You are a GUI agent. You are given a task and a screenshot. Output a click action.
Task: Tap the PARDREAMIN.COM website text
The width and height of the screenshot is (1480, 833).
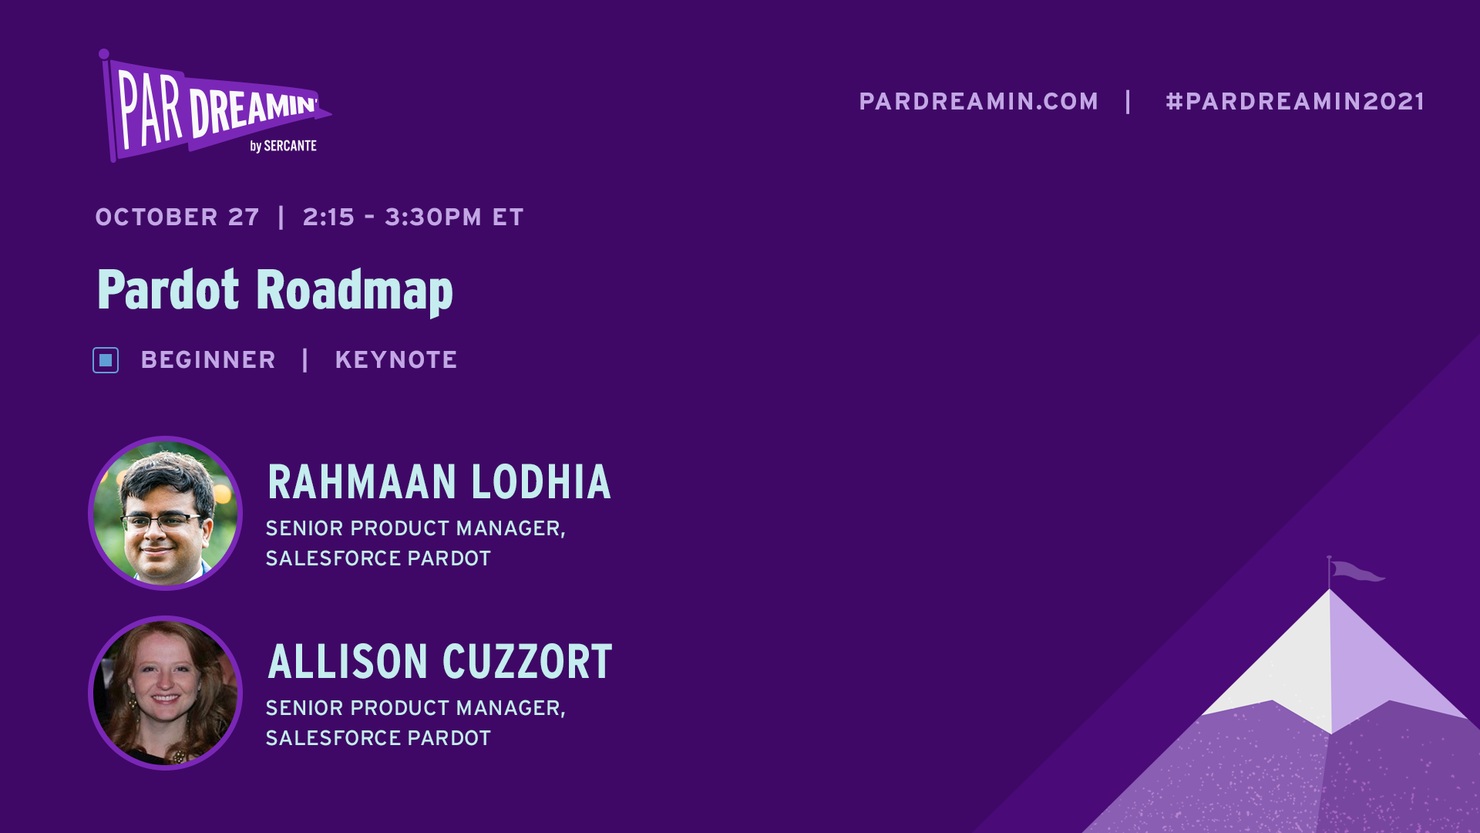point(978,102)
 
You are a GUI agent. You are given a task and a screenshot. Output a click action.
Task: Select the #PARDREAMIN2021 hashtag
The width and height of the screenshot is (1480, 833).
point(1295,102)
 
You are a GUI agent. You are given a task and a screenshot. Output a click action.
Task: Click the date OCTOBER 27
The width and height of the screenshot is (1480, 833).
point(177,218)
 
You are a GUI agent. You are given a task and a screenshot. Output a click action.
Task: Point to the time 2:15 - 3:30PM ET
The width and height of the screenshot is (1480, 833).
point(412,218)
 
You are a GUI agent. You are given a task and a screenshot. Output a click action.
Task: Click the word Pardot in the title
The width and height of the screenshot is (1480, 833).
point(168,291)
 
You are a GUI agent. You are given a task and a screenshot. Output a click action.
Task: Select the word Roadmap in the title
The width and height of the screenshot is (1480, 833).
point(354,291)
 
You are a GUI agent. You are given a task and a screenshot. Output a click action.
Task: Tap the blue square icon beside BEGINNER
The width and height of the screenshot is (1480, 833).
point(106,360)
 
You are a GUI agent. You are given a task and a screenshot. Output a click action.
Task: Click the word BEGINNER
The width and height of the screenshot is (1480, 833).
point(208,360)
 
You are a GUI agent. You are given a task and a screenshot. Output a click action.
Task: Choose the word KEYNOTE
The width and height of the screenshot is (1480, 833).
point(396,360)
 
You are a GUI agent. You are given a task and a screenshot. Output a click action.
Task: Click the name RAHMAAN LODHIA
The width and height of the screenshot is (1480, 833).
point(439,482)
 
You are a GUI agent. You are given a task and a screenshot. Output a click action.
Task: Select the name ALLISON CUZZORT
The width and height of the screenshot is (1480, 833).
point(439,662)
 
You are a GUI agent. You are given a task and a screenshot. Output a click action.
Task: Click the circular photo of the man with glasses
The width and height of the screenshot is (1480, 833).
point(166,513)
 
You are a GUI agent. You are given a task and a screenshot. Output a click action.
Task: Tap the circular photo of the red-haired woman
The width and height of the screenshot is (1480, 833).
point(166,693)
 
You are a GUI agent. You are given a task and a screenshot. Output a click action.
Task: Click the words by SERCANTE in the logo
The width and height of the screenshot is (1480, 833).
point(283,147)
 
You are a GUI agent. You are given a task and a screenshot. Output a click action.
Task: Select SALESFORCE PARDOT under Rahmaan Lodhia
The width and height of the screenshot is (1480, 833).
point(378,558)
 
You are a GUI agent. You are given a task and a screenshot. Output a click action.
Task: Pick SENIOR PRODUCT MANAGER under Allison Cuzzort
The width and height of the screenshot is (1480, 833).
point(415,708)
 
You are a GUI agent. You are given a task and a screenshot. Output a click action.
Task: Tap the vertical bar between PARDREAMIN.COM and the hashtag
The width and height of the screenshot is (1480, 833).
point(1128,102)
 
